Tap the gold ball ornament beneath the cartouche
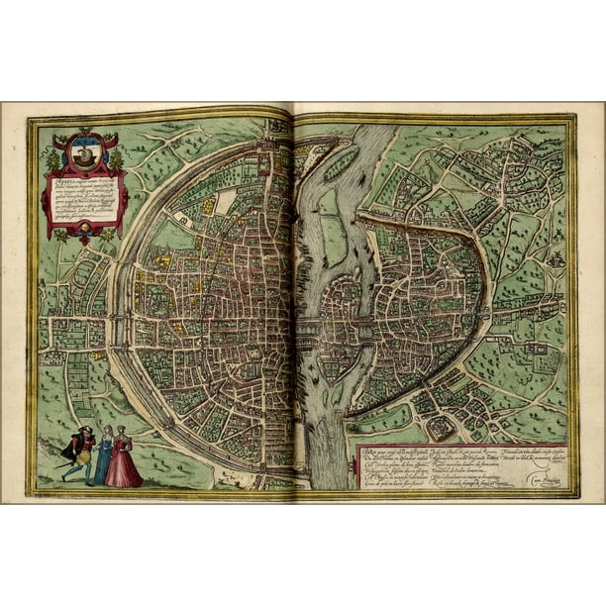point(85,240)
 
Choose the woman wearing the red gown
point(123,459)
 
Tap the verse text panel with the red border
point(460,465)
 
